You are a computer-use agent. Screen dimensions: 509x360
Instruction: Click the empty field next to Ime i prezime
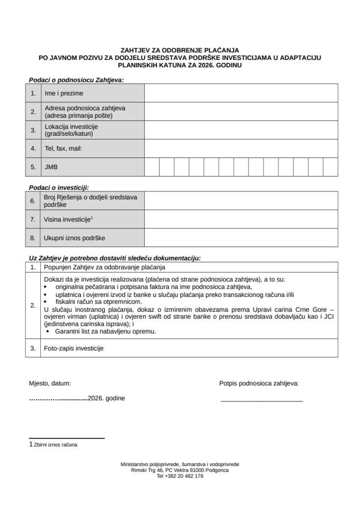pyautogui.click(x=241, y=93)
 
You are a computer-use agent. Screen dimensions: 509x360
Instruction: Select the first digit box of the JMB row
pyautogui.click(x=152, y=166)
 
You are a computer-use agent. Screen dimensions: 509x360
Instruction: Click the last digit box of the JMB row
pyautogui.click(x=330, y=166)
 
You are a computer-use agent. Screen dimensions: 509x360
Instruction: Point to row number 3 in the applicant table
pyautogui.click(x=33, y=130)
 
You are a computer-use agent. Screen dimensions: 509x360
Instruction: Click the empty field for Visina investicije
pyautogui.click(x=241, y=219)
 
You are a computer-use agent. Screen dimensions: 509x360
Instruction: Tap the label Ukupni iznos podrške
pyautogui.click(x=75, y=238)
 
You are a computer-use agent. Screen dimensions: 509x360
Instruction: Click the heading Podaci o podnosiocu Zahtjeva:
pyautogui.click(x=76, y=80)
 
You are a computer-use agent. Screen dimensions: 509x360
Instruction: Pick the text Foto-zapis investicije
pyautogui.click(x=74, y=348)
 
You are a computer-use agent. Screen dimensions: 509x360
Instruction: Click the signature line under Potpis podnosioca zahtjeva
pyautogui.click(x=261, y=401)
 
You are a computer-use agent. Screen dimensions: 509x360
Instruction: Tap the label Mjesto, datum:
pyautogui.click(x=49, y=383)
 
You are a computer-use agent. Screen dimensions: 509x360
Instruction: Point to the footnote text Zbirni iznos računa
pyautogui.click(x=55, y=445)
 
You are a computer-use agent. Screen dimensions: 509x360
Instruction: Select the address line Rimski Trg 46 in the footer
pyautogui.click(x=180, y=470)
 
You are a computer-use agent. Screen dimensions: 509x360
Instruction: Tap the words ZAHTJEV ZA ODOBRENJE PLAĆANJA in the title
pyautogui.click(x=180, y=51)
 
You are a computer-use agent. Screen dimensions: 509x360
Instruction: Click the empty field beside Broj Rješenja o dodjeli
pyautogui.click(x=241, y=201)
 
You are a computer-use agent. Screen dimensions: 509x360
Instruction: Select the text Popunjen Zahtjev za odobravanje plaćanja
pyautogui.click(x=105, y=267)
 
